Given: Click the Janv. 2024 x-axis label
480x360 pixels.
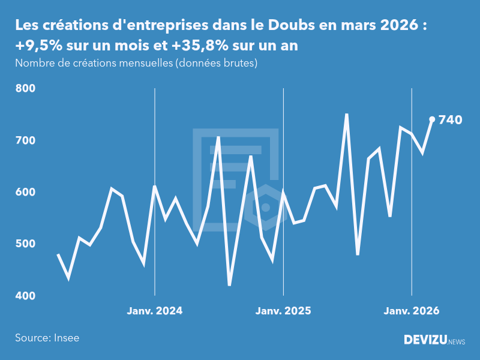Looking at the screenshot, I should click(155, 311).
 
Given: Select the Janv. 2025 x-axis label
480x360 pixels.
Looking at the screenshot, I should click(283, 311).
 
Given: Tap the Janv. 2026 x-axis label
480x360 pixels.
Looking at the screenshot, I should click(412, 311).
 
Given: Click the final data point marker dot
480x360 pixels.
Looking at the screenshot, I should click(432, 119).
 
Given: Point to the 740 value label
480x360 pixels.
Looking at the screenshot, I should click(451, 120).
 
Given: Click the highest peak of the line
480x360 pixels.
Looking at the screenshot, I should click(347, 114).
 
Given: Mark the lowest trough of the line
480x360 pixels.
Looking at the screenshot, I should click(229, 285).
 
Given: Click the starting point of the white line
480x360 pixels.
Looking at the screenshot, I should click(58, 254).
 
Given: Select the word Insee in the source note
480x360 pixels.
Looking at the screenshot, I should click(66, 338).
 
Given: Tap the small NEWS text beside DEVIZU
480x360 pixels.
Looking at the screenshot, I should click(457, 342).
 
